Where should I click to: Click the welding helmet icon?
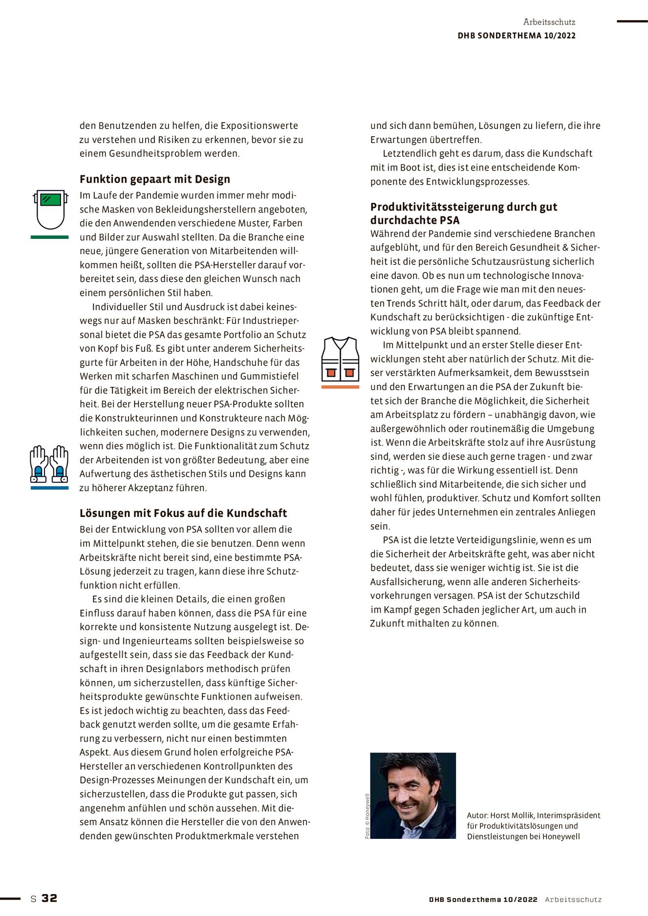point(50,210)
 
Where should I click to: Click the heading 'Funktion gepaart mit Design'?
point(155,179)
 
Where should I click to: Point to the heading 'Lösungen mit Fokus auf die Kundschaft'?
point(183,513)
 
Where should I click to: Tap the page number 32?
point(49,898)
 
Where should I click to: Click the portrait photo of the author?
point(413,795)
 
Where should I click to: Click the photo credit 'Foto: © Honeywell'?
point(367,816)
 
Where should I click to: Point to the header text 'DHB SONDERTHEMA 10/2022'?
point(517,36)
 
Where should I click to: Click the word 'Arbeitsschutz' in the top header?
point(549,22)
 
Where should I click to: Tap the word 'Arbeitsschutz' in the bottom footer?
point(573,899)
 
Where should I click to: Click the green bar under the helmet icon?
point(49,237)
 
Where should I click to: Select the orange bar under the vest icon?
point(340,387)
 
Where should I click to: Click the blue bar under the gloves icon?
point(49,488)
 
